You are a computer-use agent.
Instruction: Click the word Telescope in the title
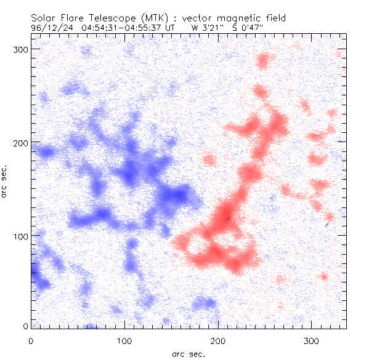coord(108,18)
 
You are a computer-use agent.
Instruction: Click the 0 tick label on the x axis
coord(31,340)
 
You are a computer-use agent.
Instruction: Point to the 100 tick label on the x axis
coord(125,340)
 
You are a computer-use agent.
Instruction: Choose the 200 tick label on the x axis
coord(219,340)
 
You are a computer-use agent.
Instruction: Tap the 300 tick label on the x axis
coord(313,340)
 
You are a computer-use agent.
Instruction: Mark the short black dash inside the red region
coord(228,218)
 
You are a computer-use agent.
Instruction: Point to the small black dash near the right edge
coord(327,225)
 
